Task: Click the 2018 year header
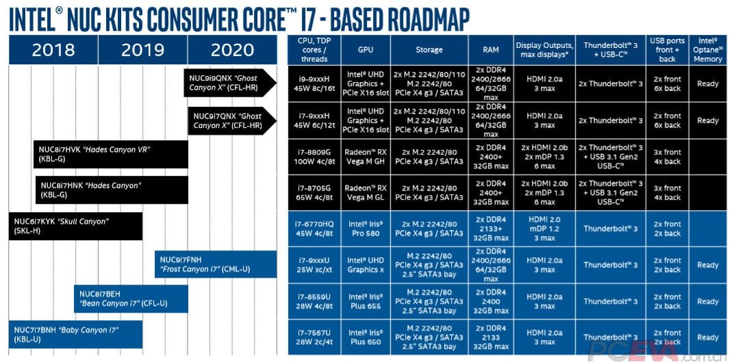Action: tap(53, 50)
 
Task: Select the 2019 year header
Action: tap(142, 50)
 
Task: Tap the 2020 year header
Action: tap(232, 50)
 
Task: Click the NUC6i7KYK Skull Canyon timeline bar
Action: tap(75, 226)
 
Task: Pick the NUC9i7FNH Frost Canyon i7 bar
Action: tap(216, 264)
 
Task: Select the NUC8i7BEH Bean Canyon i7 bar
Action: tap(131, 298)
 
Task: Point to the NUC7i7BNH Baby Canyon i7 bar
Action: tap(75, 334)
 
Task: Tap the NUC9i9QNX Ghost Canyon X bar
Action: tap(229, 83)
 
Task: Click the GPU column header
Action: tap(366, 50)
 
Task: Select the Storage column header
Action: tap(429, 50)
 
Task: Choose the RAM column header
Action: tap(489, 50)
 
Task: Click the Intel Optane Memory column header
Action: tap(708, 50)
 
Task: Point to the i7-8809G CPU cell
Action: tap(316, 157)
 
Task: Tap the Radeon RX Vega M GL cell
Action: tap(366, 193)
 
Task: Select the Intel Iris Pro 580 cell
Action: tap(366, 229)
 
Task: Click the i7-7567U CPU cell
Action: tap(316, 337)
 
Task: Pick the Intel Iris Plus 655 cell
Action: tap(366, 301)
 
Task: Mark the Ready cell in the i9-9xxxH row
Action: tap(708, 84)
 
